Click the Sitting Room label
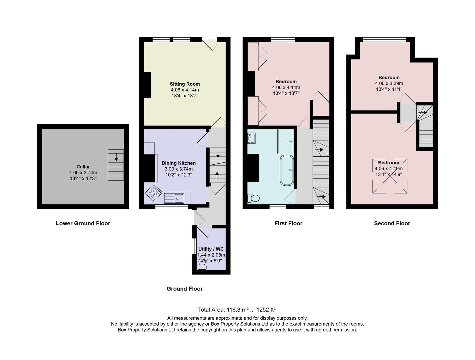click(185, 84)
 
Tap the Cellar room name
click(83, 167)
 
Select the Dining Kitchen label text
click(179, 163)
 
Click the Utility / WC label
click(211, 249)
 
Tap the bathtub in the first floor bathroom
click(287, 170)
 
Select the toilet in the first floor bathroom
click(254, 198)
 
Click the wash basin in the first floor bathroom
click(252, 138)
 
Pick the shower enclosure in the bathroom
click(285, 141)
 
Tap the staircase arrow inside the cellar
click(116, 156)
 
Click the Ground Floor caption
click(185, 289)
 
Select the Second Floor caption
click(392, 223)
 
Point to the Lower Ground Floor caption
click(83, 223)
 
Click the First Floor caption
click(288, 223)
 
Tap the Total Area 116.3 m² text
click(237, 310)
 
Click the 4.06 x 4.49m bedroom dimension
click(389, 169)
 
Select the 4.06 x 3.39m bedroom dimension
click(389, 83)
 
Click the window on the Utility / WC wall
click(193, 246)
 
